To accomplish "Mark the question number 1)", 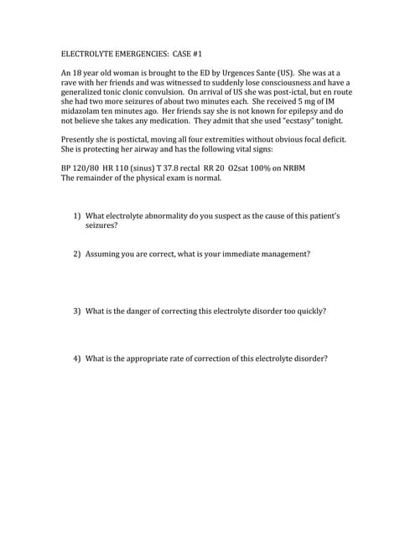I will pos(76,215).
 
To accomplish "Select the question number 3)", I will pos(76,311).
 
